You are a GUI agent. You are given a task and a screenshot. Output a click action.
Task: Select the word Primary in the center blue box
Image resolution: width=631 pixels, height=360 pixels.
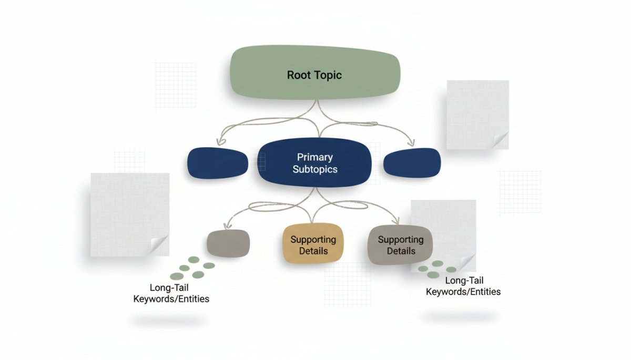314,157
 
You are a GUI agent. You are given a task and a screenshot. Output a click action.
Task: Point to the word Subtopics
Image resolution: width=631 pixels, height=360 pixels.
314,170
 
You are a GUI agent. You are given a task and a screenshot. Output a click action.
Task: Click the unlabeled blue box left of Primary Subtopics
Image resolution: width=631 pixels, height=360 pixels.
218,162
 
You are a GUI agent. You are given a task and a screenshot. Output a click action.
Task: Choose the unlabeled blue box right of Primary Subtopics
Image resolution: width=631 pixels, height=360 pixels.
412,162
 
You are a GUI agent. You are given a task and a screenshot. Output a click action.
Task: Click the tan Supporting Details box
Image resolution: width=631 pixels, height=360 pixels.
313,244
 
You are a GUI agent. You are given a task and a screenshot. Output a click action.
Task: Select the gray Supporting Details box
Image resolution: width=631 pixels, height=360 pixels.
401,244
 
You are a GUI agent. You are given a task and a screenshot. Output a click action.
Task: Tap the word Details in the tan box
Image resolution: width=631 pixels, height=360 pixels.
313,251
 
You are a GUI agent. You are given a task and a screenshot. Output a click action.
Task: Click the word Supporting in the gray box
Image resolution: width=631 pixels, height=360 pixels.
401,240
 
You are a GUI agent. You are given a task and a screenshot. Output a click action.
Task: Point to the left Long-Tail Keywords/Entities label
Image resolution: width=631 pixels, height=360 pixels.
179,293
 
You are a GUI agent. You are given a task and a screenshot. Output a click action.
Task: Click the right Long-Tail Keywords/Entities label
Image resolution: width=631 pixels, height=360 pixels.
463,286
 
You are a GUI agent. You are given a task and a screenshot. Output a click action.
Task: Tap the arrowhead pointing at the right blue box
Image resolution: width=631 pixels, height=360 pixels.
412,143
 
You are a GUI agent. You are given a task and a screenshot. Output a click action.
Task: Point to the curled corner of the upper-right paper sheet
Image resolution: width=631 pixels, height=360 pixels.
500,141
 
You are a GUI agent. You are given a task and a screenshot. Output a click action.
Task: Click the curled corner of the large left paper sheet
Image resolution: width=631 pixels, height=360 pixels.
159,245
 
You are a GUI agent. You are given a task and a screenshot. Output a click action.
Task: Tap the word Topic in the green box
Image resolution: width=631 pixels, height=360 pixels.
328,75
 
